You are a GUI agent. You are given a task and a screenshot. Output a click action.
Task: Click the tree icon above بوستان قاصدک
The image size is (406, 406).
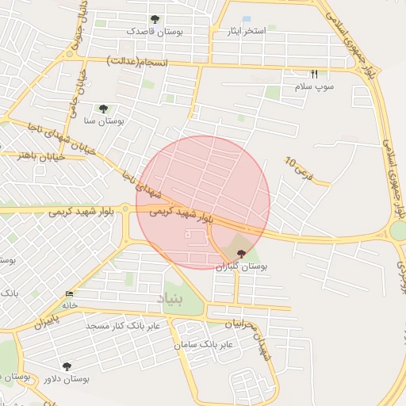[155, 20]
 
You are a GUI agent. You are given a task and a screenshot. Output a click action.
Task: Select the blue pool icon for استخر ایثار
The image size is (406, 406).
[247, 18]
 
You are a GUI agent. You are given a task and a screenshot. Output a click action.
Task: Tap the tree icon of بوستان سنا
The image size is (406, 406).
[103, 109]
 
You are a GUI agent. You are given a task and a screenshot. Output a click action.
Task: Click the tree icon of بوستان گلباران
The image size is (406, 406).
[241, 253]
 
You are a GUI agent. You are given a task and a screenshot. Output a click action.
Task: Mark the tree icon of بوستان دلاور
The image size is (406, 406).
[67, 366]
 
